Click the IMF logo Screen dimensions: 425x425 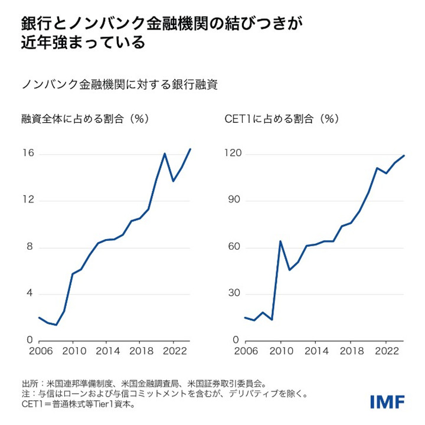[387, 401]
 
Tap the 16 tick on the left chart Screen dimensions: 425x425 [27, 154]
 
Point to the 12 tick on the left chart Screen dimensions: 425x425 [27, 201]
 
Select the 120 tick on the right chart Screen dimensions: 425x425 [234, 154]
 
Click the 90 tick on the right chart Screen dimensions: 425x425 [236, 201]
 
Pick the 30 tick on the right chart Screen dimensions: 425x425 [236, 294]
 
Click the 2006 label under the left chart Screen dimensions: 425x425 [39, 351]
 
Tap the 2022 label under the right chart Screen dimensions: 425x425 [385, 351]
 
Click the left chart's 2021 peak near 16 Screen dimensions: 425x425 [165, 153]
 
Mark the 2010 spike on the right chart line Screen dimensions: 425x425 [280, 241]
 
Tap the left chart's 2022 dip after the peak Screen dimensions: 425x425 [173, 181]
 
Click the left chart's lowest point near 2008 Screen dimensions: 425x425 [55, 325]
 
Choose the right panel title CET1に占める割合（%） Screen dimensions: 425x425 [282, 119]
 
